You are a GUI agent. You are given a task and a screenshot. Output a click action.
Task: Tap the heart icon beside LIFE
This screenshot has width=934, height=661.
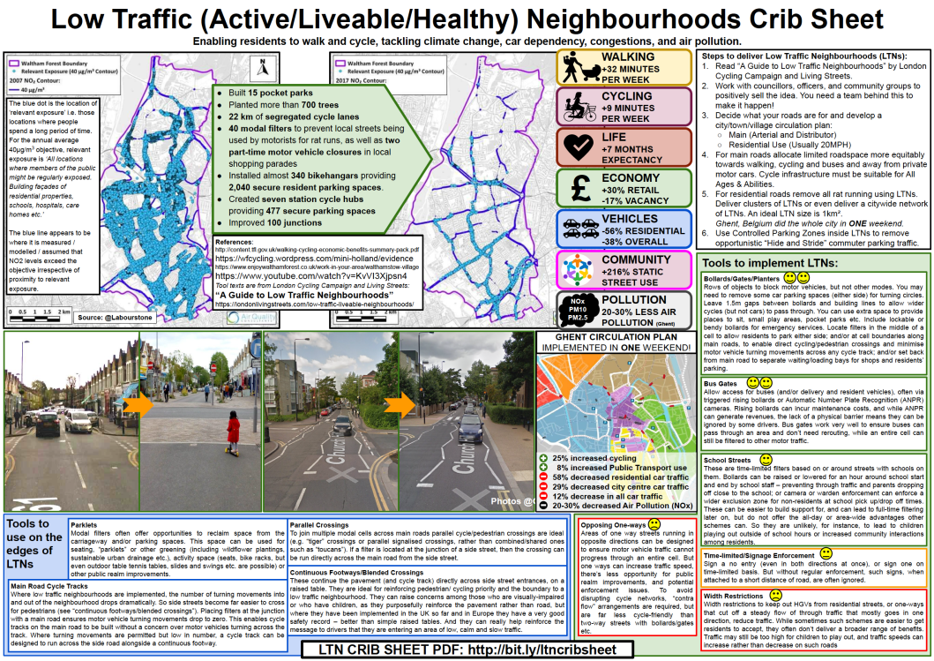(577, 146)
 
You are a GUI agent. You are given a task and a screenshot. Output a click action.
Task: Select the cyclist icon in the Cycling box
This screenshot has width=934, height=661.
(577, 104)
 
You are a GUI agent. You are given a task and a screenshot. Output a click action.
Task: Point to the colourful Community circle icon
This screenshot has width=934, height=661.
(577, 269)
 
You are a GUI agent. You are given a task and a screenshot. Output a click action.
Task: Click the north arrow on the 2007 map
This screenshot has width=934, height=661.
(262, 66)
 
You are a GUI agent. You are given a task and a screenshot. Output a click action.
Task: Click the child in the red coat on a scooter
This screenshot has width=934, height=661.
(233, 430)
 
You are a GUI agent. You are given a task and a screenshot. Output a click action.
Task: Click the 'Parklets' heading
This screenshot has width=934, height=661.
(84, 524)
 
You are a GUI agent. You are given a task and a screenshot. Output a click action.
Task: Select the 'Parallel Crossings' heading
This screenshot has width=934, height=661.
(323, 524)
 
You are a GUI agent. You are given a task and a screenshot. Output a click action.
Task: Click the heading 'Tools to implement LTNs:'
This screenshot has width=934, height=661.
(767, 263)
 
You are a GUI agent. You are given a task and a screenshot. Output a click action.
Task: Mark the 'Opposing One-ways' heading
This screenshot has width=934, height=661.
(610, 525)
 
